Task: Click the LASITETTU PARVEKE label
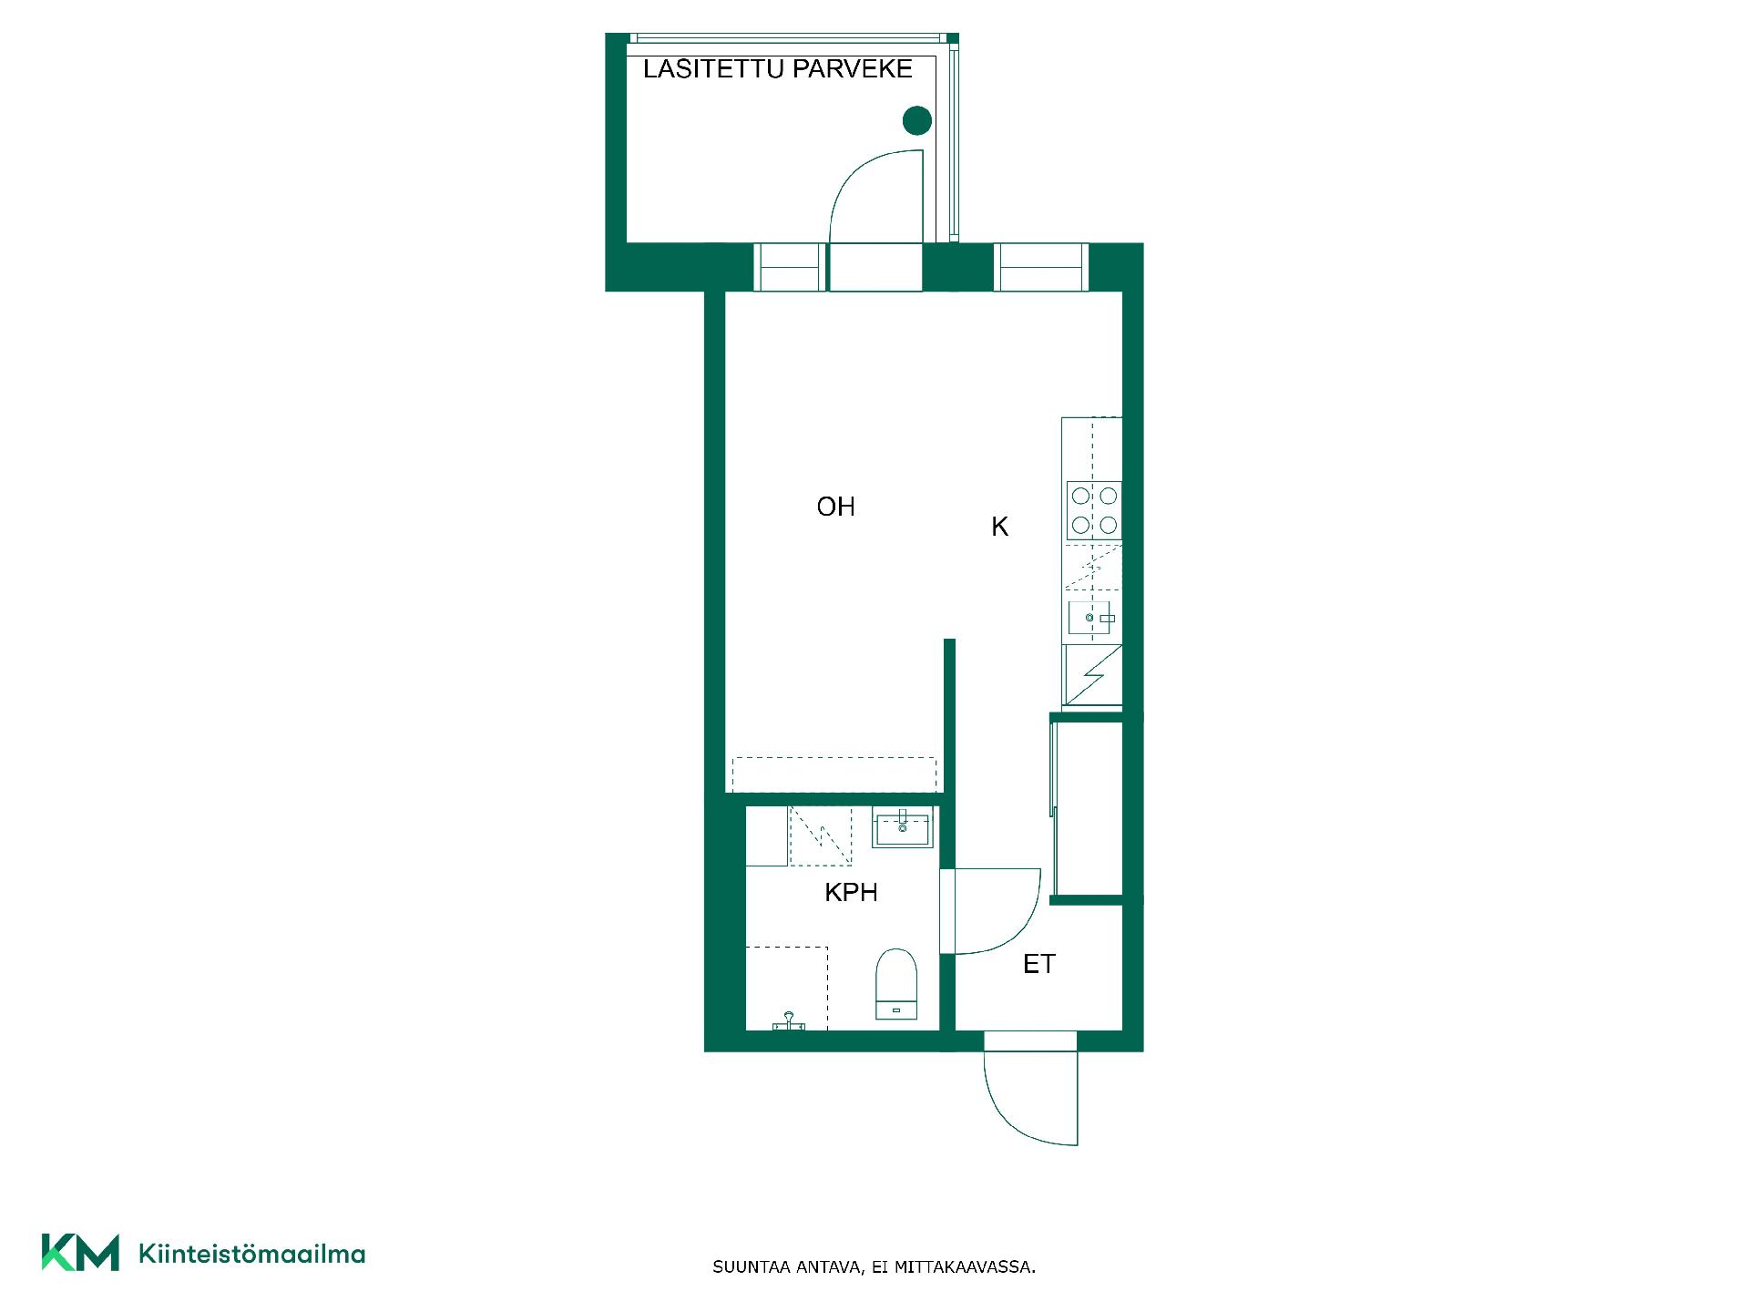[777, 69]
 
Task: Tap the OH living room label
[835, 507]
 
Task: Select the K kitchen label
[999, 527]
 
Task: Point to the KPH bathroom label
[851, 893]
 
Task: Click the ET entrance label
[1038, 964]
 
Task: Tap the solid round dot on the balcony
[917, 120]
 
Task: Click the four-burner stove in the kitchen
[1094, 510]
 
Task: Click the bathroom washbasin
[902, 829]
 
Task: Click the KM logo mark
[80, 1252]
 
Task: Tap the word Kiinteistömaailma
[251, 1255]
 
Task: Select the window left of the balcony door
[789, 268]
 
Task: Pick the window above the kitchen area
[1041, 268]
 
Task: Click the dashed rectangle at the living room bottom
[834, 774]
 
